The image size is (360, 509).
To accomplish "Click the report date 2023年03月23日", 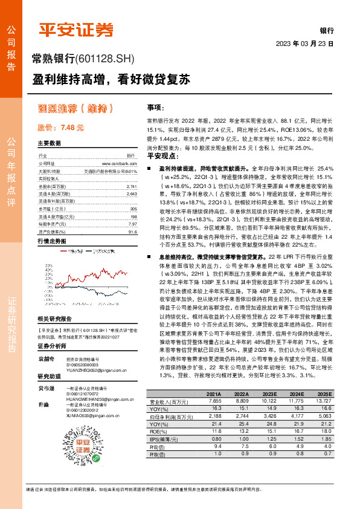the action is tap(305, 44).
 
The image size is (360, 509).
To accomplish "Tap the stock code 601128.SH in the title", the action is tap(104, 58).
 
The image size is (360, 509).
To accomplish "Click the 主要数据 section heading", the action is tap(49, 143).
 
